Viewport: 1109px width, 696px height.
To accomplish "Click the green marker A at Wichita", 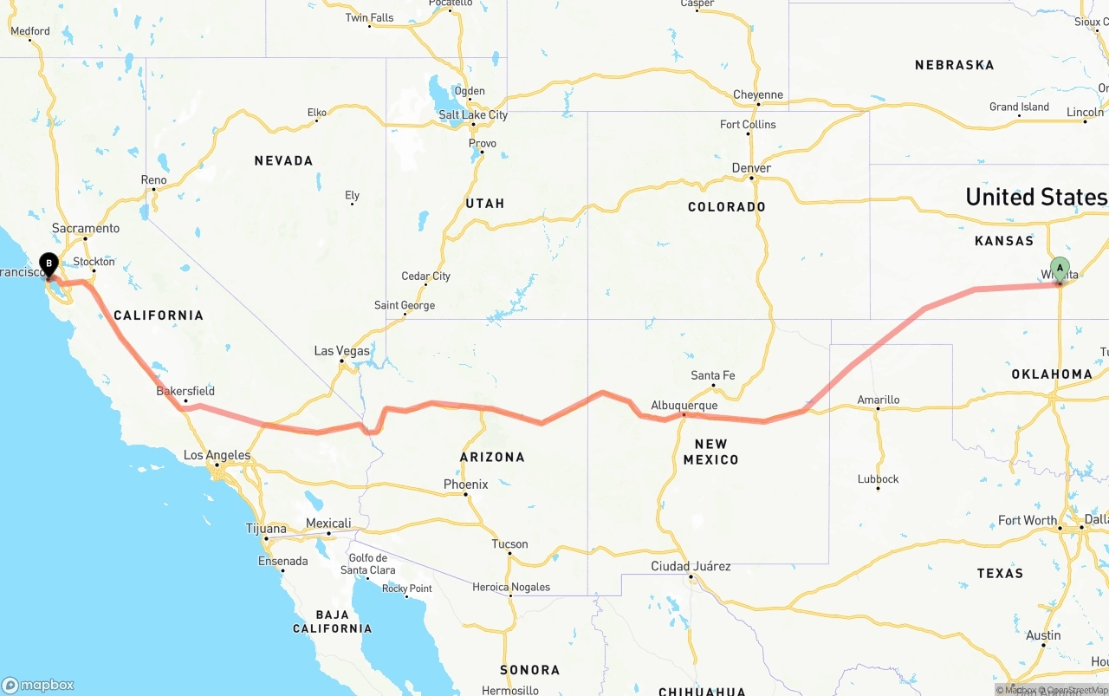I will (x=1059, y=269).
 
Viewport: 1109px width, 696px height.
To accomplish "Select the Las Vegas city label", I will (x=341, y=351).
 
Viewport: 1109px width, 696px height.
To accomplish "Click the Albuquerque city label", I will (x=684, y=405).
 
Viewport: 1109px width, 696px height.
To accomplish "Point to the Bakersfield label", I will (x=185, y=391).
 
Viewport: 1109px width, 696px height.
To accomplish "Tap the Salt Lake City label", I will (x=473, y=114).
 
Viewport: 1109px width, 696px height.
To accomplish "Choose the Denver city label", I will (x=751, y=167).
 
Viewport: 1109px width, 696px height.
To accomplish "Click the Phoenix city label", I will (x=465, y=485).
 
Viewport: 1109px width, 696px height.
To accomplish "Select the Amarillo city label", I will (x=878, y=400).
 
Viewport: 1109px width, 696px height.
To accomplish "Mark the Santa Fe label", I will (x=713, y=375).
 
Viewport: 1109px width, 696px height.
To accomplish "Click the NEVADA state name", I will (x=283, y=160).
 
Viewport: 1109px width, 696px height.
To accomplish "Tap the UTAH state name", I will (x=485, y=203).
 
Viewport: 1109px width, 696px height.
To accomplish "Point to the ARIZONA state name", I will (x=492, y=457).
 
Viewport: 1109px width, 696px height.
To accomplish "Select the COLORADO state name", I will (x=727, y=206).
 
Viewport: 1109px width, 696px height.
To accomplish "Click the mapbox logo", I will (x=38, y=685).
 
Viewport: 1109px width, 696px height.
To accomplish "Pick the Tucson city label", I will (x=509, y=544).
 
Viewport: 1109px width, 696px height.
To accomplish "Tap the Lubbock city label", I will (x=878, y=478).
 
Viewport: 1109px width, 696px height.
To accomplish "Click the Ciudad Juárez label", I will (x=691, y=566).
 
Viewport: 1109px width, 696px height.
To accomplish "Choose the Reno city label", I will (x=153, y=180).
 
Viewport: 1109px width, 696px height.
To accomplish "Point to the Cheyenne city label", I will (x=757, y=94).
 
